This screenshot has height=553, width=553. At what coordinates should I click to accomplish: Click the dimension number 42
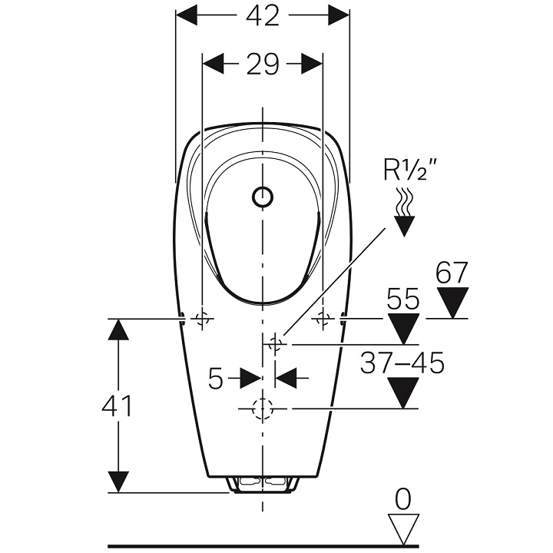click(x=263, y=16)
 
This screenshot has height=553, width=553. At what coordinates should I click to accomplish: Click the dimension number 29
click(x=263, y=65)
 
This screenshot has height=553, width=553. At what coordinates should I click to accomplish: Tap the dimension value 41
click(x=117, y=406)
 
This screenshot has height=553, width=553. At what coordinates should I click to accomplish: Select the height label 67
click(x=452, y=273)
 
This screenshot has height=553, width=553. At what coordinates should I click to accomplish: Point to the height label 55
click(x=403, y=300)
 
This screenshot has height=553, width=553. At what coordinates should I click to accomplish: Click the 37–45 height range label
click(x=402, y=363)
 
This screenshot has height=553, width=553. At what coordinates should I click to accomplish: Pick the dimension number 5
click(x=216, y=378)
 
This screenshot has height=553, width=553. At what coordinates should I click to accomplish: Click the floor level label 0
click(x=403, y=499)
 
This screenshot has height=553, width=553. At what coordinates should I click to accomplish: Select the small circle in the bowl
click(x=263, y=197)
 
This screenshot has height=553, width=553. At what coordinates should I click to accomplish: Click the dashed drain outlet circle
click(x=263, y=409)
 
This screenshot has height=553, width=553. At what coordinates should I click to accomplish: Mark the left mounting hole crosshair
click(x=203, y=319)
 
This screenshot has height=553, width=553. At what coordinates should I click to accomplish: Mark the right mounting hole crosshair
click(x=323, y=319)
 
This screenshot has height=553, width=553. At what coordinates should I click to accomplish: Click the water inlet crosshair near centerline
click(x=276, y=344)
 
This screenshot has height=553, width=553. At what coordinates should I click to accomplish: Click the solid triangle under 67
click(x=452, y=303)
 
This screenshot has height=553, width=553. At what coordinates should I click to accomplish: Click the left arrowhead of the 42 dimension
click(x=187, y=16)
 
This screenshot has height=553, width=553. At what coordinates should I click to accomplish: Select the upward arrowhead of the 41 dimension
click(x=118, y=329)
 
